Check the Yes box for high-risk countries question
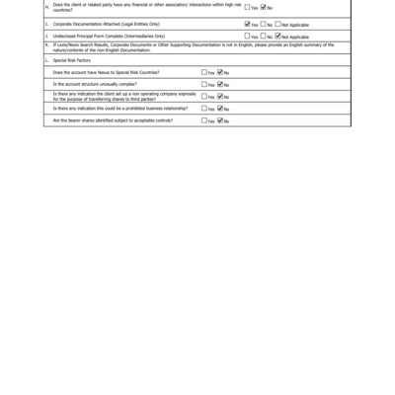[x=248, y=7]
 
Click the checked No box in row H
[x=264, y=7]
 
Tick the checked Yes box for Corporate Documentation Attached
[x=248, y=24]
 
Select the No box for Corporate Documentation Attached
[x=264, y=24]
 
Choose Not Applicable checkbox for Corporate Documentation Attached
[x=279, y=24]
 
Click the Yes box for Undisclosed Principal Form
[x=248, y=36]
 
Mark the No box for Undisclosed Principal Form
[x=264, y=36]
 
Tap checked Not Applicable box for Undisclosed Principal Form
[x=279, y=36]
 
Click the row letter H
[x=47, y=7]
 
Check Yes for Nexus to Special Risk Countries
[x=204, y=72]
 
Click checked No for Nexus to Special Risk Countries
[x=220, y=72]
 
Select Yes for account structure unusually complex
[x=204, y=84]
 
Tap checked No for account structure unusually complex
[x=220, y=84]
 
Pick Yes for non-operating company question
[x=204, y=97]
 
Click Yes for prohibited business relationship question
[x=204, y=109]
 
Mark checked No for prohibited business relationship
[x=220, y=109]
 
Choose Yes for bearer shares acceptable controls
[x=204, y=120]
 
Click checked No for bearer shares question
[x=220, y=120]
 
